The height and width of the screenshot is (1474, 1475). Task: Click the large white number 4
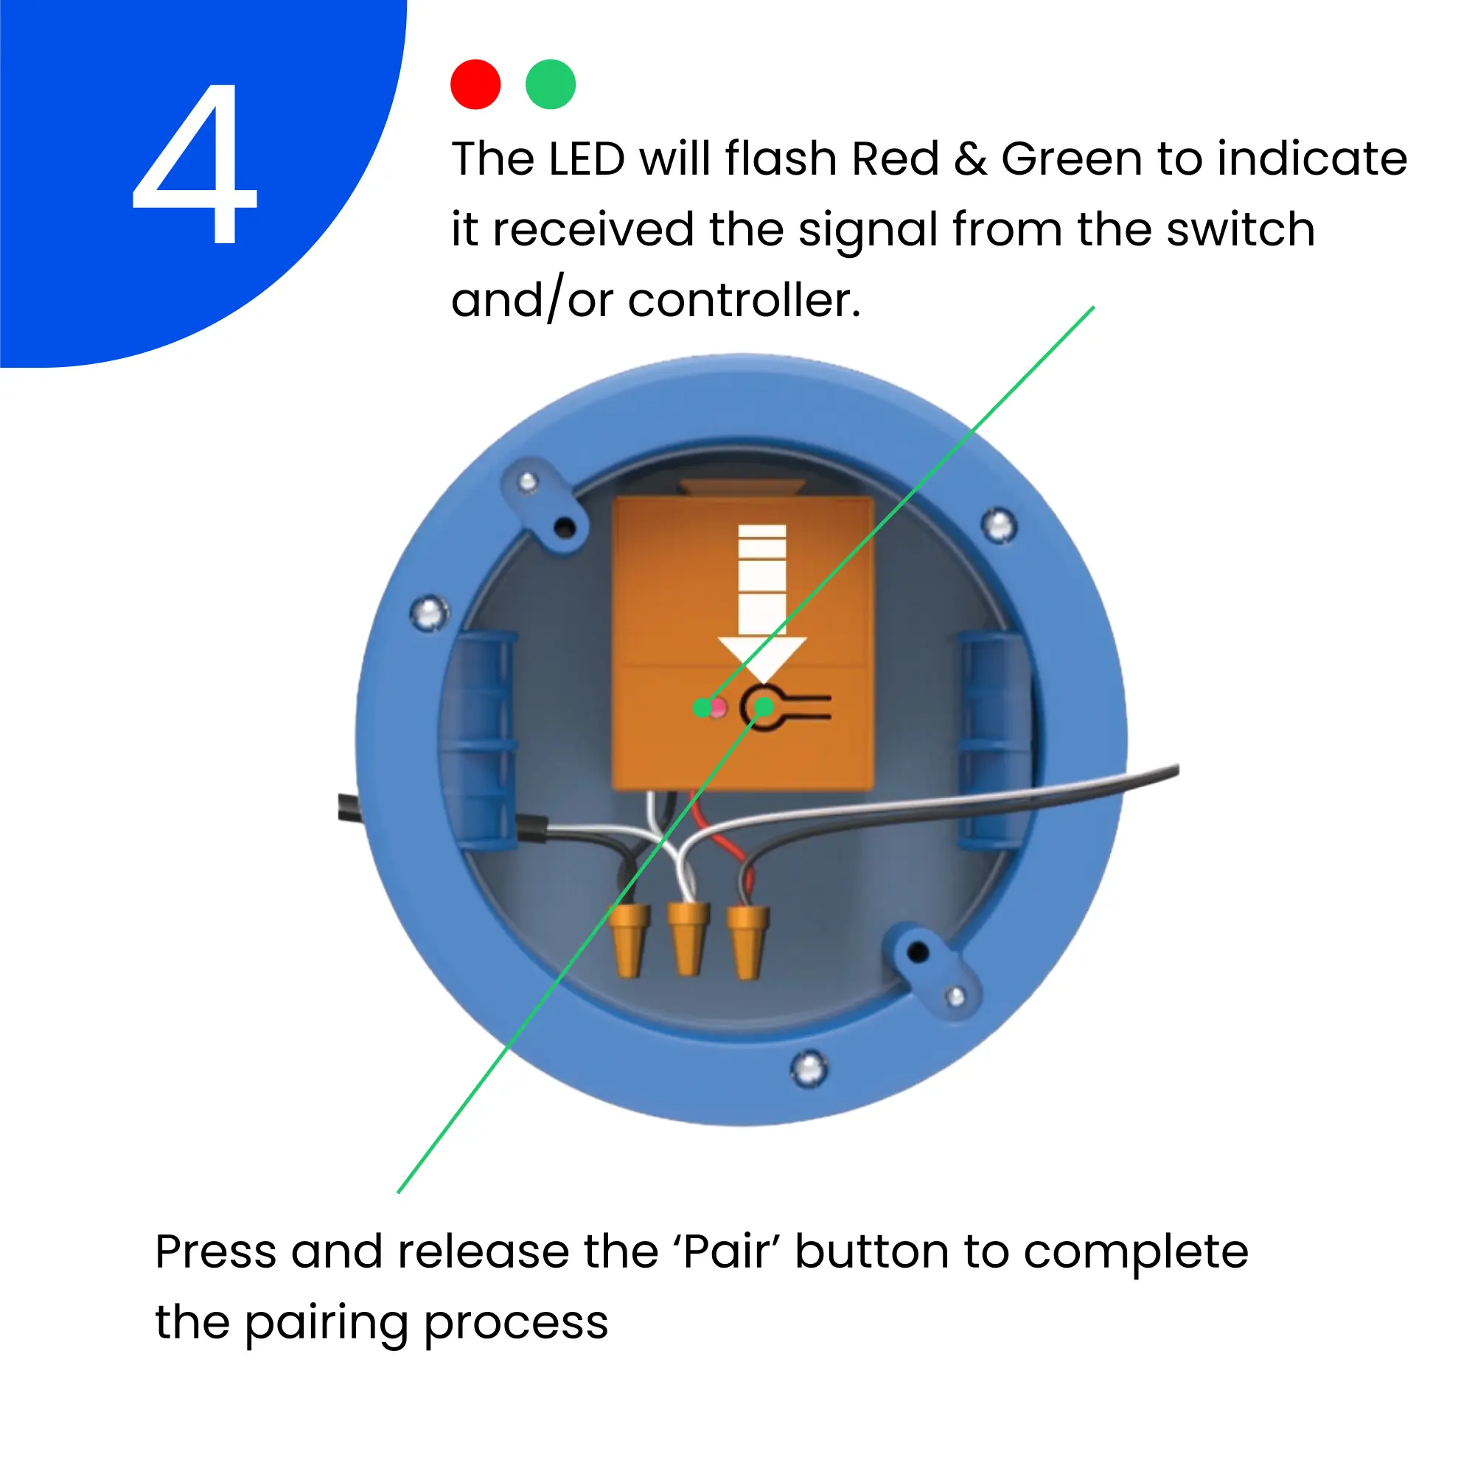pos(195,164)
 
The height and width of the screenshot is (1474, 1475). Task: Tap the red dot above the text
pos(475,84)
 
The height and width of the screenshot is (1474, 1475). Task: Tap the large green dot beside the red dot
pos(551,84)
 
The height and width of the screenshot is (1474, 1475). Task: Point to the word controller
pos(745,300)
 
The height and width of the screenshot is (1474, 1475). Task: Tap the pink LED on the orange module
pos(718,708)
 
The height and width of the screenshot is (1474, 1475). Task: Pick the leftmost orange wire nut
pos(628,940)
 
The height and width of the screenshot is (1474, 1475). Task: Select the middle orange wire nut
pos(688,938)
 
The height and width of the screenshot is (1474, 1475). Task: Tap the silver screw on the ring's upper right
pos(999,525)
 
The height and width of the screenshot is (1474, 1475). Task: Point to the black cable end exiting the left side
pos(348,808)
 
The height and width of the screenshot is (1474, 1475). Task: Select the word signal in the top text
pos(868,231)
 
